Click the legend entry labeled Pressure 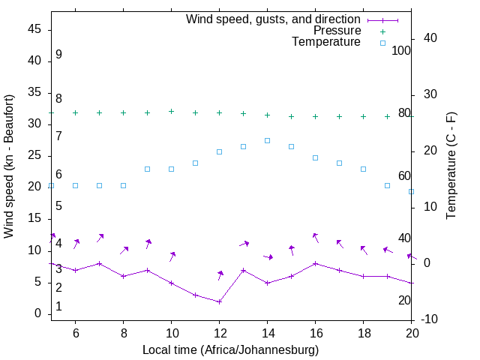[x=337, y=31]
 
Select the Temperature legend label [x=326, y=42]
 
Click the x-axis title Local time [x=231, y=350]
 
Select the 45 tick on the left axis [x=34, y=29]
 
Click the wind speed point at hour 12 [x=219, y=301]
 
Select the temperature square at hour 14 [x=267, y=140]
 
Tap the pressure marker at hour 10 [x=171, y=111]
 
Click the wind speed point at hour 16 [x=315, y=263]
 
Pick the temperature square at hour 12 [x=219, y=151]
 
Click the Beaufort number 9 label [x=58, y=55]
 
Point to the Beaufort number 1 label [x=58, y=307]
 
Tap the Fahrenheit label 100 [x=401, y=50]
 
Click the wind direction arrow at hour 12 [x=220, y=274]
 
